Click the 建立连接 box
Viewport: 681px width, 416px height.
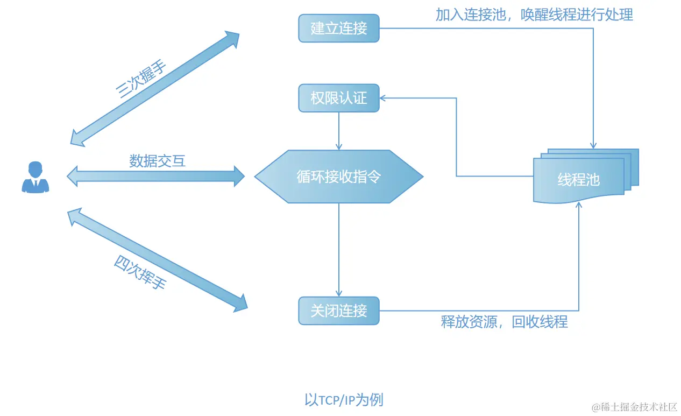[339, 28]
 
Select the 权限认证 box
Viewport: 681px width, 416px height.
[339, 98]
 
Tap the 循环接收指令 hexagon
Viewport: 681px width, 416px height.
[339, 177]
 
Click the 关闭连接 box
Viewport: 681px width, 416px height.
[339, 311]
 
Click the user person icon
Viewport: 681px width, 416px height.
[36, 177]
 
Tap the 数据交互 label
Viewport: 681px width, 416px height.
[157, 160]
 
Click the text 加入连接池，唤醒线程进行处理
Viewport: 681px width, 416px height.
[534, 15]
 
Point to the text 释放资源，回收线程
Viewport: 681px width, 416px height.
[504, 322]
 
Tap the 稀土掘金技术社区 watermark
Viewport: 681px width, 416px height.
[635, 406]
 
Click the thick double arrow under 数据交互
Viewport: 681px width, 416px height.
[156, 176]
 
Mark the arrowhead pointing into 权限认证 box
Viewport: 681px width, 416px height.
[383, 98]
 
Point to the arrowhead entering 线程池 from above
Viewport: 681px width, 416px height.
[593, 145]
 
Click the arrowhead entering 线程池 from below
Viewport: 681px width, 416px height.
[579, 206]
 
